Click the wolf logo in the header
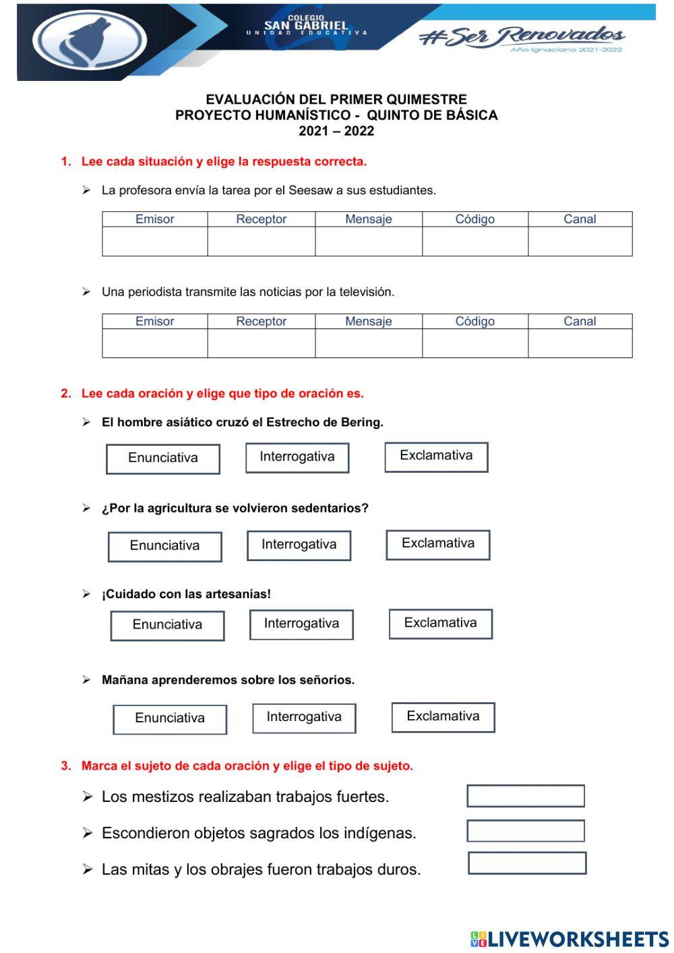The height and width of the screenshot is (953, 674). tap(89, 40)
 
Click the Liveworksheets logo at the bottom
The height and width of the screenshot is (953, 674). tap(570, 938)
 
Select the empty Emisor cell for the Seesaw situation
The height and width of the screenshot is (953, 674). tap(154, 241)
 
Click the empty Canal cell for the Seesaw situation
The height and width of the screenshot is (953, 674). tap(580, 241)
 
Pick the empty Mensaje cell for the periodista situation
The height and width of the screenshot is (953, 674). tap(368, 343)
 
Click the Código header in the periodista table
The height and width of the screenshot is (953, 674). tap(474, 321)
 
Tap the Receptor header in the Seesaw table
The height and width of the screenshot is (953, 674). tap(261, 219)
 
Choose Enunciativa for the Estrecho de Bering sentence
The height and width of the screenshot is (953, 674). tap(163, 459)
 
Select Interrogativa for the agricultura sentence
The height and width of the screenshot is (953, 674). tap(299, 545)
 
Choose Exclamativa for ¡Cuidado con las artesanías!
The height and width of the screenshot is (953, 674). tap(440, 623)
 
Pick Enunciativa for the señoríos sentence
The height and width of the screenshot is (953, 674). tap(170, 718)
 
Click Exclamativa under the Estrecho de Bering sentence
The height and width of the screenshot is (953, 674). tap(436, 457)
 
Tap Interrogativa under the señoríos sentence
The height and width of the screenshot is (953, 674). tap(304, 718)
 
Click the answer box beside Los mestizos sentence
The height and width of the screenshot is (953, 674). tap(526, 796)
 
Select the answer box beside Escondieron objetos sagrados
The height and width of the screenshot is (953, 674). tap(526, 831)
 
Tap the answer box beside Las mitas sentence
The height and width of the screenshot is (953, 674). tap(527, 863)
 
